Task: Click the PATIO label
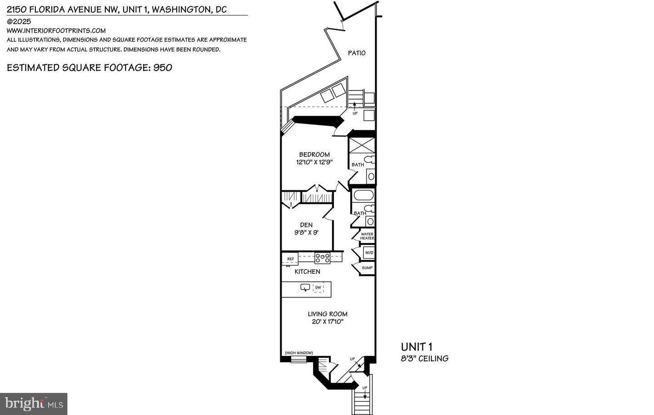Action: (357, 53)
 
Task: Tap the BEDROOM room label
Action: (314, 155)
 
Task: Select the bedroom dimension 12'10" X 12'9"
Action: (314, 162)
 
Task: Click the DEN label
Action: (306, 225)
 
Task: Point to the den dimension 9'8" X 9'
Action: (306, 232)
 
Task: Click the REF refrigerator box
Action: (290, 259)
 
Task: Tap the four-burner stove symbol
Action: (322, 258)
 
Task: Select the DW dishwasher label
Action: (318, 288)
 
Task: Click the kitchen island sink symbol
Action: (305, 287)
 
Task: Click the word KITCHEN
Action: (307, 272)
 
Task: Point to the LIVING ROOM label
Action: (327, 314)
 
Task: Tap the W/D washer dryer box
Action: (369, 253)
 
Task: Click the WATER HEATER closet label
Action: (367, 236)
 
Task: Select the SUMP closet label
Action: (367, 268)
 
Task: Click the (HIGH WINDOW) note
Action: (299, 353)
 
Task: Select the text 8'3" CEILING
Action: (425, 359)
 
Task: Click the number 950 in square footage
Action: (163, 68)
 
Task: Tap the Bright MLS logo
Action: (34, 404)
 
